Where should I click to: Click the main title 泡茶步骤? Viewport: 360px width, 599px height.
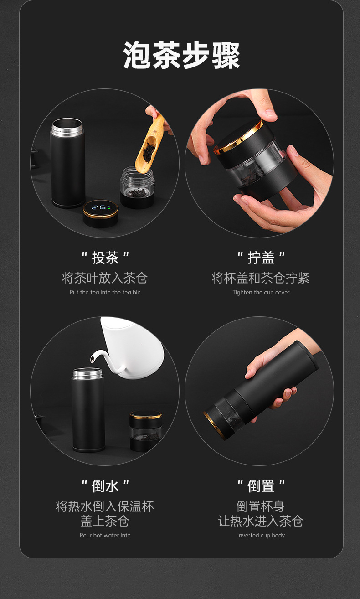[x=181, y=55]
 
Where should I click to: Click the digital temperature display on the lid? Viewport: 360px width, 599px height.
[x=101, y=207]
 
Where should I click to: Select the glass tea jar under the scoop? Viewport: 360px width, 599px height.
[x=137, y=187]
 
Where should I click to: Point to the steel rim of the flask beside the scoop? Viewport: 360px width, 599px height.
[x=67, y=126]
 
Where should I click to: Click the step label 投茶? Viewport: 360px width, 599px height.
[x=105, y=258]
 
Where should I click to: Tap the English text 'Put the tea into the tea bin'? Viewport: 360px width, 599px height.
[x=105, y=292]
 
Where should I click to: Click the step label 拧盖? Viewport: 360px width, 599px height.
[x=261, y=258]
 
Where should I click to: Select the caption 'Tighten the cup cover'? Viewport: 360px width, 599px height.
[x=261, y=292]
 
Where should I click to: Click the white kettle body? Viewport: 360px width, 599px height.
[x=134, y=348]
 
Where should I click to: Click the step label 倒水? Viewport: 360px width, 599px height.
[x=105, y=486]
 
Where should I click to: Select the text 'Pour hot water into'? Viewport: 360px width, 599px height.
[x=105, y=535]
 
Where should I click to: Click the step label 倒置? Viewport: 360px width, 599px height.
[x=261, y=486]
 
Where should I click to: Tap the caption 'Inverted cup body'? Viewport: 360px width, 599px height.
[x=261, y=535]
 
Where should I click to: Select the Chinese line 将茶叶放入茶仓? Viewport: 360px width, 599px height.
[x=105, y=278]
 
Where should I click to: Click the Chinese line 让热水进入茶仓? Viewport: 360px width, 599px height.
[x=261, y=521]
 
